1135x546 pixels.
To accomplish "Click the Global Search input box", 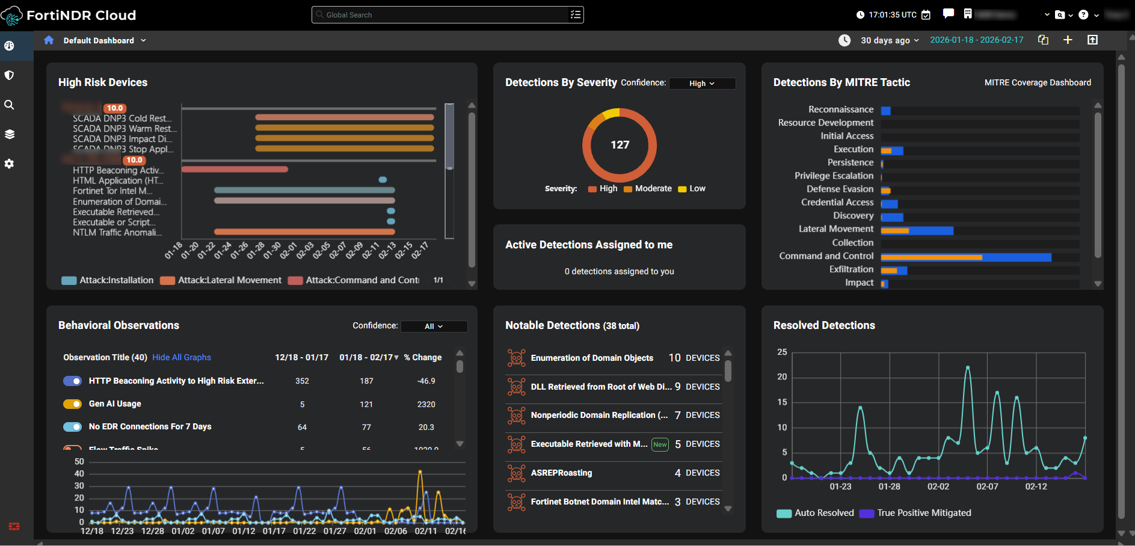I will (x=445, y=15).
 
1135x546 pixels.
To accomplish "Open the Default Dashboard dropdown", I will (x=104, y=41).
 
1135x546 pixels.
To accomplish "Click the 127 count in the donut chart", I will (x=620, y=145).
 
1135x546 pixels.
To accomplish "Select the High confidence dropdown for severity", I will (x=702, y=84).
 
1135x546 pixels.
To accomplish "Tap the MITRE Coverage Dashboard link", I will (x=1037, y=83).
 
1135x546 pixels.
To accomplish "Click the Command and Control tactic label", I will (x=826, y=256).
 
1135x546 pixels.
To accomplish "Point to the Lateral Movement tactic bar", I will (x=917, y=230).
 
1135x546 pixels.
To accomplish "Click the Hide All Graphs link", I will (x=182, y=358).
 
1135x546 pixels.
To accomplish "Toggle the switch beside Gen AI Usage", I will (x=73, y=404).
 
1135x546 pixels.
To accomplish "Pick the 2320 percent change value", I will (x=426, y=405).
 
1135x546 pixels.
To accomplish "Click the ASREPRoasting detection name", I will (x=561, y=473).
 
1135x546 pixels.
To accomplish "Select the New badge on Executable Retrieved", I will (x=660, y=445).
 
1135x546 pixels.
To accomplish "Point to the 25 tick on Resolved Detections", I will (x=782, y=352).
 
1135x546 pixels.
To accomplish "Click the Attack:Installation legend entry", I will (x=108, y=280).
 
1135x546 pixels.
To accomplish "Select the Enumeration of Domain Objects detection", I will (x=591, y=358).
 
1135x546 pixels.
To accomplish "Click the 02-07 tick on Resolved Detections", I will (x=987, y=486).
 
